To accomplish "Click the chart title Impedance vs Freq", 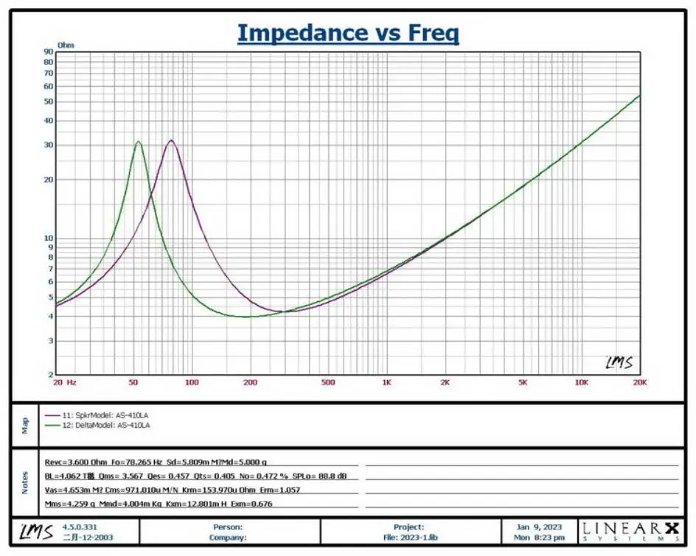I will tap(347, 33).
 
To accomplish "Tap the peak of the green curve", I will tap(138, 141).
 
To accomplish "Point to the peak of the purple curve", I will tap(171, 140).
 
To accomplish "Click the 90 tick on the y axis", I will tap(49, 52).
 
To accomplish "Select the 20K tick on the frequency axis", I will tap(639, 383).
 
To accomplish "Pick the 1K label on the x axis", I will tap(386, 383).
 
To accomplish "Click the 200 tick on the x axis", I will tap(250, 383).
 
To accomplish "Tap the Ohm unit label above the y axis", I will tap(66, 45).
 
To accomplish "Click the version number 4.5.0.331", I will tap(80, 527).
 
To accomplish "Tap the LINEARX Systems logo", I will tap(630, 531).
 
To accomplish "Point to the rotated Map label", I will tap(24, 424).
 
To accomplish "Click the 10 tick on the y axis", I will tap(49, 239).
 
